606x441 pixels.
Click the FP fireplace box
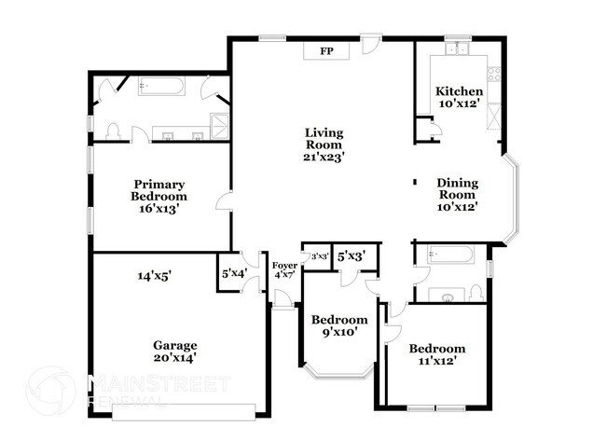coord(325,51)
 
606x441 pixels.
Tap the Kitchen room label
coord(460,97)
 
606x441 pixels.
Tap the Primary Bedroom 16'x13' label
coord(159,197)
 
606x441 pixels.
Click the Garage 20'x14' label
coord(175,351)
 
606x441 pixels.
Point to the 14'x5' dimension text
coord(155,276)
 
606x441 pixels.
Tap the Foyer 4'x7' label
coord(284,270)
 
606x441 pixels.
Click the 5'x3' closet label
coord(351,255)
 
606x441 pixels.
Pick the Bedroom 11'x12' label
coord(436,354)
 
